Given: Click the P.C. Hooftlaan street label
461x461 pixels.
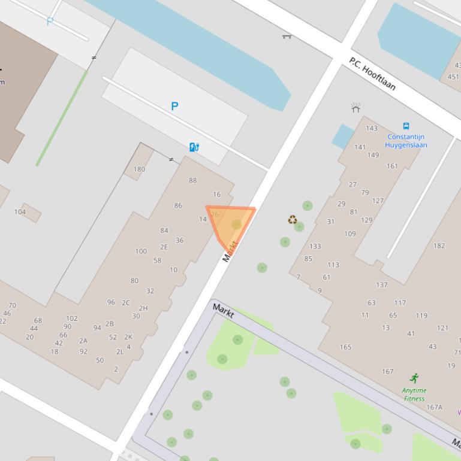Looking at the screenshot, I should (372, 74).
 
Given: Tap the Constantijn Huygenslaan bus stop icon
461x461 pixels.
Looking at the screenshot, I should (406, 126).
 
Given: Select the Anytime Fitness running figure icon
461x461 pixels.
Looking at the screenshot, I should (414, 378).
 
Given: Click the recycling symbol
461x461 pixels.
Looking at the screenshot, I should (293, 220).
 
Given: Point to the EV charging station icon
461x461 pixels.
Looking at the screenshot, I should (194, 147).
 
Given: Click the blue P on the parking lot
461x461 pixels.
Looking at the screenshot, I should (174, 107).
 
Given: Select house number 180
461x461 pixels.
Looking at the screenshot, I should (139, 169).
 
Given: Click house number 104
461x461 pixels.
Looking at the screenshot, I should (20, 211).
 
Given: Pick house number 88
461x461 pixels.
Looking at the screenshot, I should (192, 180).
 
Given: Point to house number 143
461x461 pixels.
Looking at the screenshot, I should (372, 128).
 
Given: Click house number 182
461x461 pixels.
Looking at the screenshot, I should (439, 245).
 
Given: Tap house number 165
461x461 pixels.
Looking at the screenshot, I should (345, 347).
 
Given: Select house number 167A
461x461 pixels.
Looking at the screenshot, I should (434, 407).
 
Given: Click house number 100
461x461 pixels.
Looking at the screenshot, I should (141, 251).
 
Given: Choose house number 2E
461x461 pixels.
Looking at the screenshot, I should (164, 247).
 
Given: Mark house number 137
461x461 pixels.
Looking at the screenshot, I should (381, 285).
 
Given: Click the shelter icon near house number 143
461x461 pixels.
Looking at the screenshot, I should (355, 108).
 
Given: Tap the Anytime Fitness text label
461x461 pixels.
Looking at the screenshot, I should (414, 395).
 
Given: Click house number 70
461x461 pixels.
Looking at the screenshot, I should (12, 305).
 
